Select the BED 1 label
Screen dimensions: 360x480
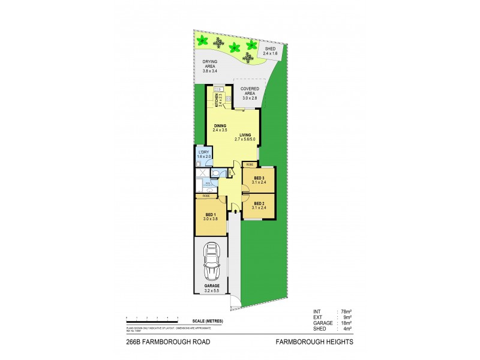210,214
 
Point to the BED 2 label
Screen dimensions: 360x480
259,204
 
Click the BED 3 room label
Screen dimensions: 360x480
259,178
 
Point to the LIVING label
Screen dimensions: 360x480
245,135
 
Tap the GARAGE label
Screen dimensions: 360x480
211,286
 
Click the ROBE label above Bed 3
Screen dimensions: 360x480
250,164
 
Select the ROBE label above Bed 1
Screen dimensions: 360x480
206,196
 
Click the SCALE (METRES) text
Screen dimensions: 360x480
208,322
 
